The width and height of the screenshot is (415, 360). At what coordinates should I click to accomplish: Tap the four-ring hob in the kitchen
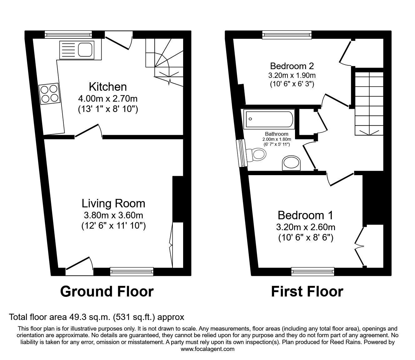click(x=49, y=94)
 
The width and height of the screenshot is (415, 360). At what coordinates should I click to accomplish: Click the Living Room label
click(x=113, y=203)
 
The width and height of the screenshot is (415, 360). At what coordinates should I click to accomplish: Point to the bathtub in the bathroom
click(x=269, y=119)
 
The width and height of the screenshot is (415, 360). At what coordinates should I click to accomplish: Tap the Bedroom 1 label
click(x=305, y=215)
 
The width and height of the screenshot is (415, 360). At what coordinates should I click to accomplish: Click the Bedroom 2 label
click(x=292, y=66)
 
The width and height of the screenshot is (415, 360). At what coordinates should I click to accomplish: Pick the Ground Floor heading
click(x=107, y=292)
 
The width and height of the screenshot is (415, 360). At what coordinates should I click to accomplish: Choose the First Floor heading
click(x=307, y=292)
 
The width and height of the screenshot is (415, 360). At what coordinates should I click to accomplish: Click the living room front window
click(x=132, y=271)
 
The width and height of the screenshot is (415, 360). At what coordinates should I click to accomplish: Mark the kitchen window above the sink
click(x=68, y=34)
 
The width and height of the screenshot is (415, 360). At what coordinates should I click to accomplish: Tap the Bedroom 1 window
click(x=312, y=271)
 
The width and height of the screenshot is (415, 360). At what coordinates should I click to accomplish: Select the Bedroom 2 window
click(x=287, y=34)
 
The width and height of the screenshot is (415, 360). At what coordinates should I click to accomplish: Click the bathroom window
click(x=242, y=153)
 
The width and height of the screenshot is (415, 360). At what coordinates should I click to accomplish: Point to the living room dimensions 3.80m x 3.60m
click(x=113, y=215)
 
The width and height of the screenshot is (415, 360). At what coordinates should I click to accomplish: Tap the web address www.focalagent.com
click(x=207, y=349)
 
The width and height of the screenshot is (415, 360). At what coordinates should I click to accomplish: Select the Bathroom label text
click(x=277, y=134)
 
